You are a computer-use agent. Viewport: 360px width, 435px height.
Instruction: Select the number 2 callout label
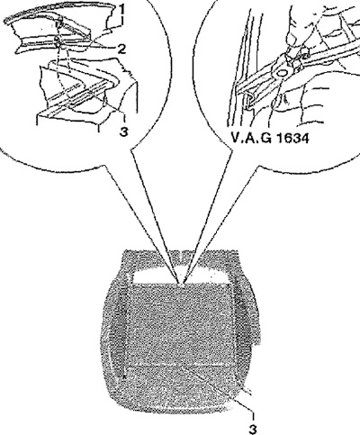(121, 49)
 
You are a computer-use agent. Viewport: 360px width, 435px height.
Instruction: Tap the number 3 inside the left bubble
(124, 131)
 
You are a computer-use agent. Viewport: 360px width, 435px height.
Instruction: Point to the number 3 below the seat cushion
(253, 429)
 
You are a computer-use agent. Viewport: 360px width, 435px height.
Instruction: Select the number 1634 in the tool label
(292, 139)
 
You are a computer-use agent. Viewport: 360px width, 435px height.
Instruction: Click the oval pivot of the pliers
(282, 73)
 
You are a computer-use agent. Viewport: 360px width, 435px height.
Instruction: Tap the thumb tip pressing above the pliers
(292, 38)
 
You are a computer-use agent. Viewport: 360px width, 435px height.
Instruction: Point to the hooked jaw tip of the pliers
(248, 102)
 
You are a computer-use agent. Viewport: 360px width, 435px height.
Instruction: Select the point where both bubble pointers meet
(182, 283)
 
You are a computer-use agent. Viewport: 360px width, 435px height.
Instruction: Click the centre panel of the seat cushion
(182, 324)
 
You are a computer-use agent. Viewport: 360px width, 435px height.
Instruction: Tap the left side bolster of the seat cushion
(115, 331)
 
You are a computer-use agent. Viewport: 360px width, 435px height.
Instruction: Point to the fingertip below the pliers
(279, 101)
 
